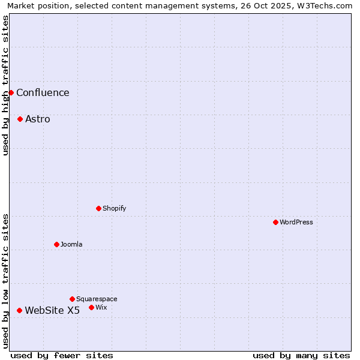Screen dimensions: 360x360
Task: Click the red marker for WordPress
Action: (x=275, y=222)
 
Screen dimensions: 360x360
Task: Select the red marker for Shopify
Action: (x=98, y=208)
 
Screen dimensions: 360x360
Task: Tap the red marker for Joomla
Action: (x=56, y=244)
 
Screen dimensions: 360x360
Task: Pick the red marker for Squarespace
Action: (x=72, y=299)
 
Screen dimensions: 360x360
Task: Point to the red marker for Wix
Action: (x=91, y=307)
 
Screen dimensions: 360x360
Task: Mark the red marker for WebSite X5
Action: (x=19, y=310)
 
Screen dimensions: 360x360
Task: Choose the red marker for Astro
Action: (x=20, y=119)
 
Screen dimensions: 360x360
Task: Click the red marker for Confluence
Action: (x=11, y=92)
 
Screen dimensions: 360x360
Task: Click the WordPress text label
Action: (x=296, y=223)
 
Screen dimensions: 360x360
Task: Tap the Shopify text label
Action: (x=114, y=209)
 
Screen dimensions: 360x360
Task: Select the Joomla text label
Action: (x=71, y=245)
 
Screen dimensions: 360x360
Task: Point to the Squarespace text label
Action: (x=97, y=299)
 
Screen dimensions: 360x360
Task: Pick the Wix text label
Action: (x=101, y=308)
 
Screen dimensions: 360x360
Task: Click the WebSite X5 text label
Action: (x=52, y=310)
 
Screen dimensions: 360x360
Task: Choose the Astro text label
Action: (x=38, y=119)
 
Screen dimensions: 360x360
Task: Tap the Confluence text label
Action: (x=43, y=92)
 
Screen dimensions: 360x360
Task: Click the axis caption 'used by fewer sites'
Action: (x=62, y=355)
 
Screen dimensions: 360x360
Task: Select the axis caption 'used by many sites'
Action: (x=301, y=355)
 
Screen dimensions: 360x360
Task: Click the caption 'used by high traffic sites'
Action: (x=6, y=85)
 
